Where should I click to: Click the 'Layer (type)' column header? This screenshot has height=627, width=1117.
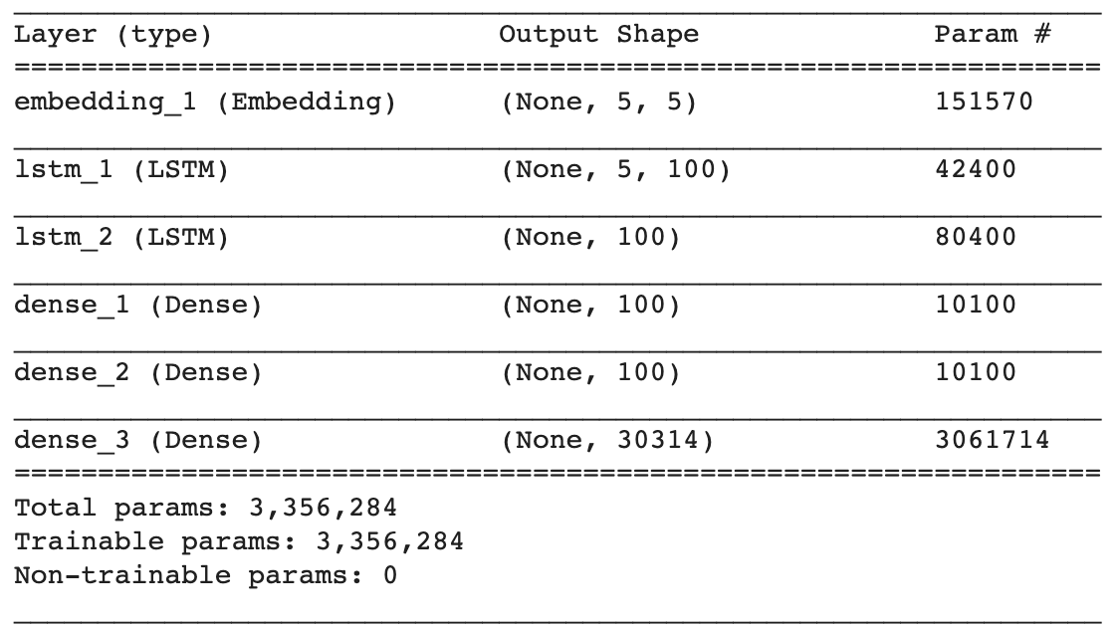pos(112,35)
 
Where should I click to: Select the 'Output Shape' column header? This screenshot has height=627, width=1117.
pos(598,35)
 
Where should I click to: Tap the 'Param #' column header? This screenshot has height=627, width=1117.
pos(993,35)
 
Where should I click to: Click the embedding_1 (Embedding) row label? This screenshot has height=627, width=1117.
pos(204,102)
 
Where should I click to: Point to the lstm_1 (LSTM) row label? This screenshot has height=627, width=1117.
pos(120,169)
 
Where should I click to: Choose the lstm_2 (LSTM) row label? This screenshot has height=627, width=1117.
pos(120,237)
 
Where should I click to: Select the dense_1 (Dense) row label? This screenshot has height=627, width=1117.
pos(137,305)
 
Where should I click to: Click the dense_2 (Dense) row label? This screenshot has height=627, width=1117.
pos(137,372)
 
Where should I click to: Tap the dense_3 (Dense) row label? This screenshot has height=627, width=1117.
pos(137,440)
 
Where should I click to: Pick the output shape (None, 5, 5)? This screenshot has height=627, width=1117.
pos(598,102)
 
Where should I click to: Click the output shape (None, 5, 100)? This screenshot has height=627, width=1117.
pos(615,169)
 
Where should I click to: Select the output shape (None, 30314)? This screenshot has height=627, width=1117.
pos(607,440)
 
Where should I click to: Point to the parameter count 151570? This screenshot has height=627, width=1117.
pos(985,102)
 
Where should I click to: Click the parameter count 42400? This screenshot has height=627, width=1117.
pos(976,169)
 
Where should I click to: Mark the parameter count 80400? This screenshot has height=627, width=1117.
pos(976,237)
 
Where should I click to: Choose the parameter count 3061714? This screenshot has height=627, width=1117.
pos(993,440)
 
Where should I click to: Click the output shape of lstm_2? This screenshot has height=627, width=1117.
pos(590,237)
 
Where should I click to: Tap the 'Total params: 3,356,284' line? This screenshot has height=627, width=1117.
pos(205,508)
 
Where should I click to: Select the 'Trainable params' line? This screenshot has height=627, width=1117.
pos(239,541)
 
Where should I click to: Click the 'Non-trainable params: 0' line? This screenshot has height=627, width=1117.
pos(205,575)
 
